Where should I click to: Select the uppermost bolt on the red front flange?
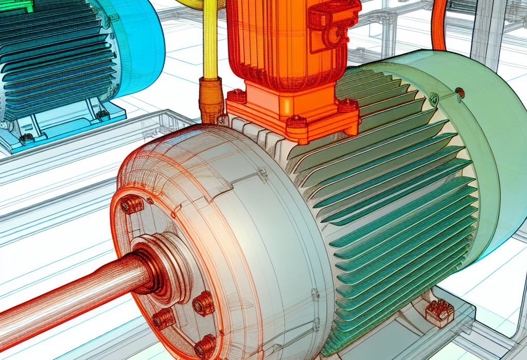132,205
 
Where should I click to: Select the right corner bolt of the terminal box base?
348,105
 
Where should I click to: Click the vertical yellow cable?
210,41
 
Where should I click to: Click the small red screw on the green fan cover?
460,93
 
